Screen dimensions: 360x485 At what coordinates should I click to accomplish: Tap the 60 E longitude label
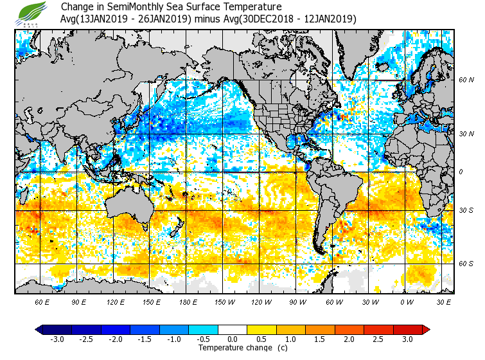tap(42, 301)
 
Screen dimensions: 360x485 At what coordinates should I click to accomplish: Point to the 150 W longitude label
tap(224, 301)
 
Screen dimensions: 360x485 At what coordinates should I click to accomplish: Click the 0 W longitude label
tap(405, 301)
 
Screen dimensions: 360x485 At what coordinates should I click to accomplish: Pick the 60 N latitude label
tap(466, 80)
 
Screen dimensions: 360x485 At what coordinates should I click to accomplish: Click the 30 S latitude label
tap(466, 211)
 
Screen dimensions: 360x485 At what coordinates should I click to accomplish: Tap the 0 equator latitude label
tap(461, 172)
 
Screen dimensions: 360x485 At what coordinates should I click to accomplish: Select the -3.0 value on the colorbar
tap(57, 339)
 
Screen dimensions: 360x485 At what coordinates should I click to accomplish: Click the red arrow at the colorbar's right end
tap(425, 330)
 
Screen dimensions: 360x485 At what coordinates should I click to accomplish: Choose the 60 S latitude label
tap(466, 264)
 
